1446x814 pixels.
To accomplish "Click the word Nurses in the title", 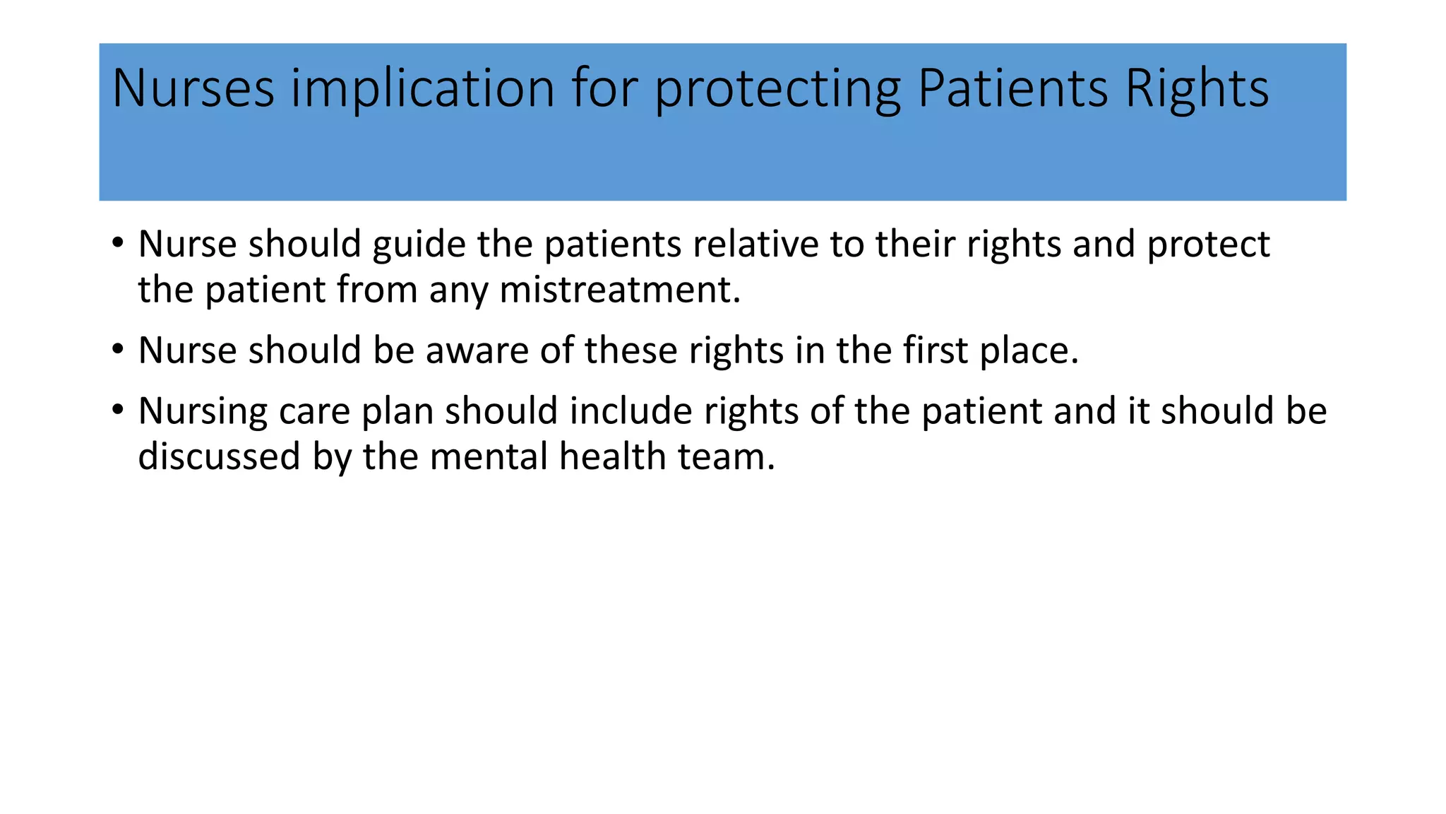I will point(193,88).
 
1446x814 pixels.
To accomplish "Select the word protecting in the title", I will point(777,90).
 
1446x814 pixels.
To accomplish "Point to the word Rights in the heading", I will point(1197,90).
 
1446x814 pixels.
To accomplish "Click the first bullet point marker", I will point(118,244).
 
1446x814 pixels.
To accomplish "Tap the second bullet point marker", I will point(118,350).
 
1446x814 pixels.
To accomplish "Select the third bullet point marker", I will point(118,411).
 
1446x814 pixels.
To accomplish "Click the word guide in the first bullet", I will point(419,245).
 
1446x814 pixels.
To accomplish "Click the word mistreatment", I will point(620,290).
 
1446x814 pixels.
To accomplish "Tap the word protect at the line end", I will point(1208,245).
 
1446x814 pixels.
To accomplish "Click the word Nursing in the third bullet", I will point(203,412).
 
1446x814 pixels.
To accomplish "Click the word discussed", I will point(219,456).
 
